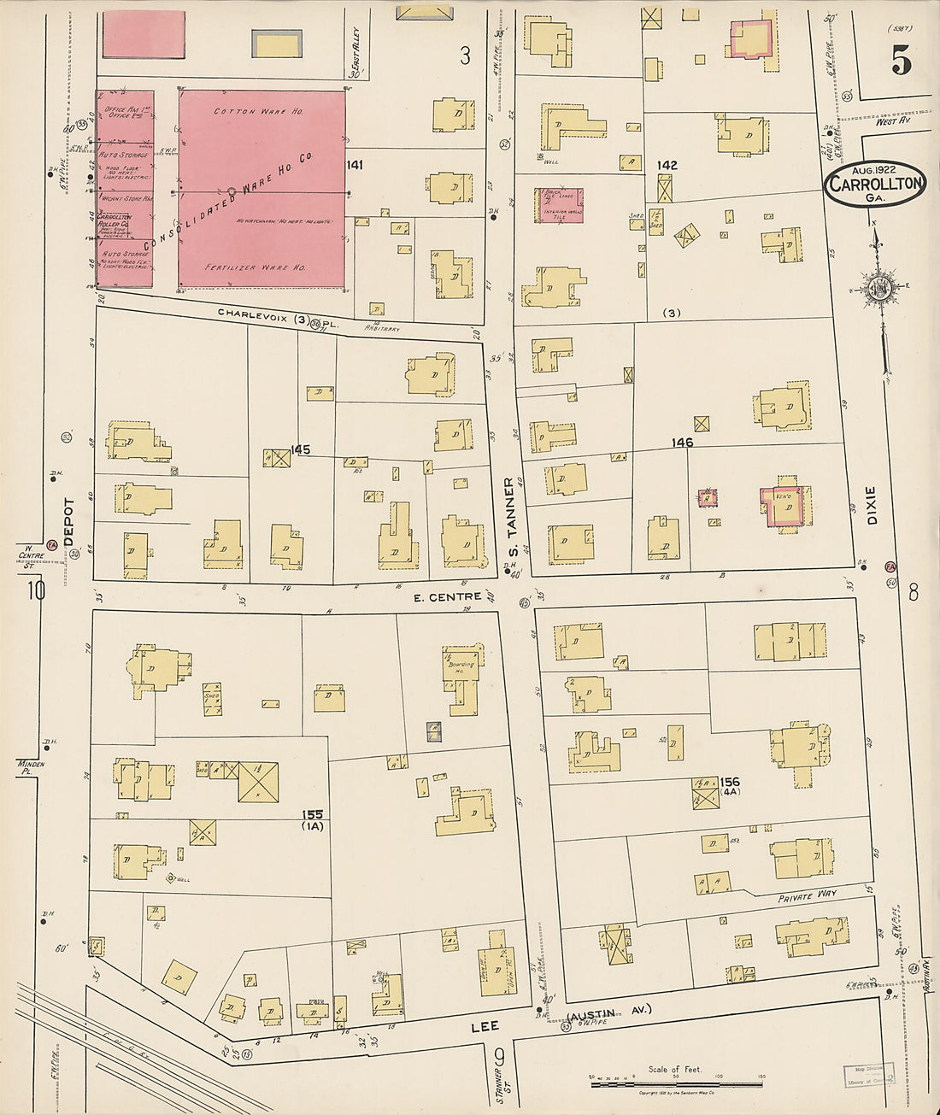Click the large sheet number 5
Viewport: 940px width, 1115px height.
(x=900, y=59)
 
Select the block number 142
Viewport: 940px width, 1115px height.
(x=667, y=164)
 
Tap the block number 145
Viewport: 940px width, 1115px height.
(x=300, y=449)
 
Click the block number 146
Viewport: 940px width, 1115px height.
(x=682, y=443)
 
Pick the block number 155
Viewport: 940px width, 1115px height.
(x=312, y=815)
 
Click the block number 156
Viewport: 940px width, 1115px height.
(x=729, y=781)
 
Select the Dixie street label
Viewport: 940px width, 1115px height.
(x=871, y=506)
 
